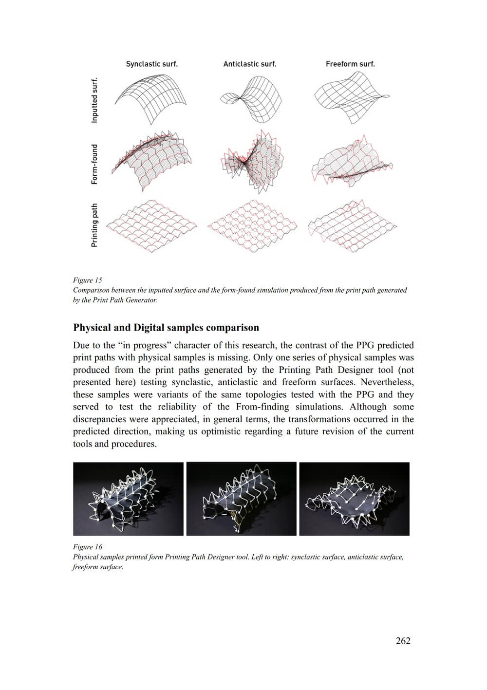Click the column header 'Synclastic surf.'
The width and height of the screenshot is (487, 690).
(151, 64)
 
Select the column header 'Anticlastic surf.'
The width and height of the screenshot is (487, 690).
(249, 64)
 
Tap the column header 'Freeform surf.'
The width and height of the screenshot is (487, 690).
(350, 64)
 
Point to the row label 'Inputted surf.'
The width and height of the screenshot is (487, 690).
(94, 100)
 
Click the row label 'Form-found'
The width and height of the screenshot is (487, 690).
(94, 164)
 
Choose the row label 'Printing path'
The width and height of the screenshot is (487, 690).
(94, 225)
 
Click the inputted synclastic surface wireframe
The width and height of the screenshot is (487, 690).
(151, 97)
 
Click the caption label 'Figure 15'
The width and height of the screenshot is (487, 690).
(88, 280)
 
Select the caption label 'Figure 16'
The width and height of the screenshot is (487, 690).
(88, 547)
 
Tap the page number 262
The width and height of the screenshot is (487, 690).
(403, 641)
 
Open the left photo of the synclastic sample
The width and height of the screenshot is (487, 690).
(128, 499)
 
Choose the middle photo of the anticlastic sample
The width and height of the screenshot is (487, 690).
(242, 499)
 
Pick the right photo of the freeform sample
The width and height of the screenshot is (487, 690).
(355, 499)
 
